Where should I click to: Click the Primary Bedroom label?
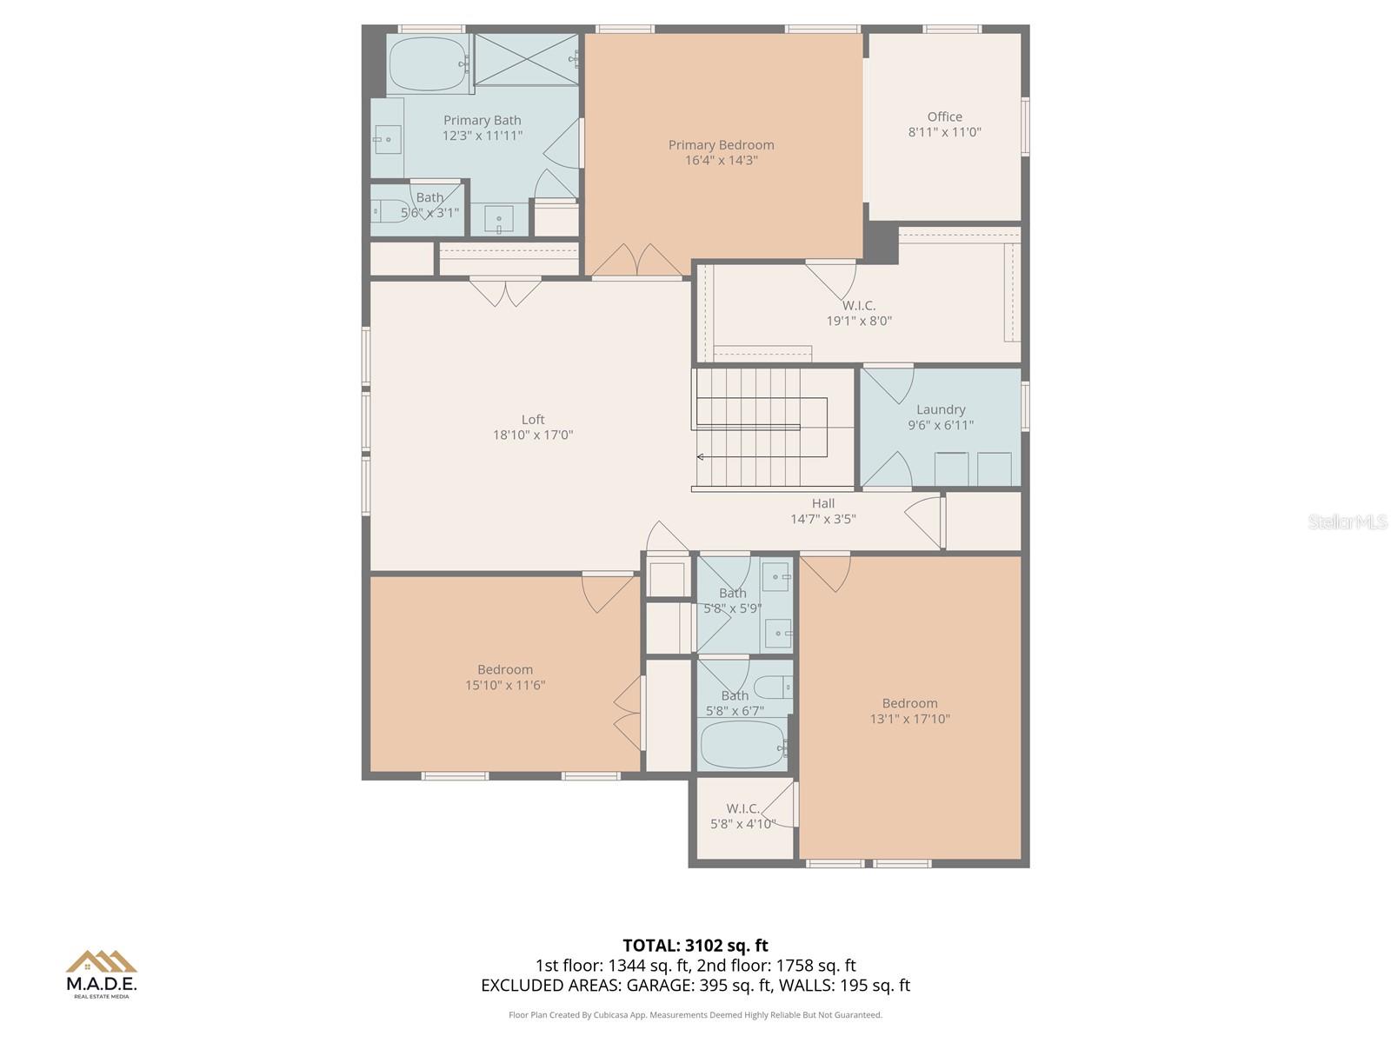[721, 145]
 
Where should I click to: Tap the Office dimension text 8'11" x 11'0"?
[944, 132]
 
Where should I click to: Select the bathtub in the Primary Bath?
[427, 63]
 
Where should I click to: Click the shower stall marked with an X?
[525, 59]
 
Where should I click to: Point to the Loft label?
[533, 420]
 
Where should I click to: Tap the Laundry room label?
[941, 409]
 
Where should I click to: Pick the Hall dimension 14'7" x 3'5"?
[823, 519]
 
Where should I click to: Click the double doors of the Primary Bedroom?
[636, 262]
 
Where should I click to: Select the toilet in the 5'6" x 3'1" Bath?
[387, 211]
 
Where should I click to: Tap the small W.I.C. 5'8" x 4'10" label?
[742, 816]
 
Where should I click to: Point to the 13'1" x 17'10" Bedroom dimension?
[909, 719]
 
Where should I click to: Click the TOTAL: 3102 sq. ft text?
[695, 946]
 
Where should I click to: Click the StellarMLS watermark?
[1347, 522]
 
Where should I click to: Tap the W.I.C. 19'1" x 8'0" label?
[859, 313]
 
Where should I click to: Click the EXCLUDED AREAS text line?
[695, 986]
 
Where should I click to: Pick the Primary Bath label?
[483, 121]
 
